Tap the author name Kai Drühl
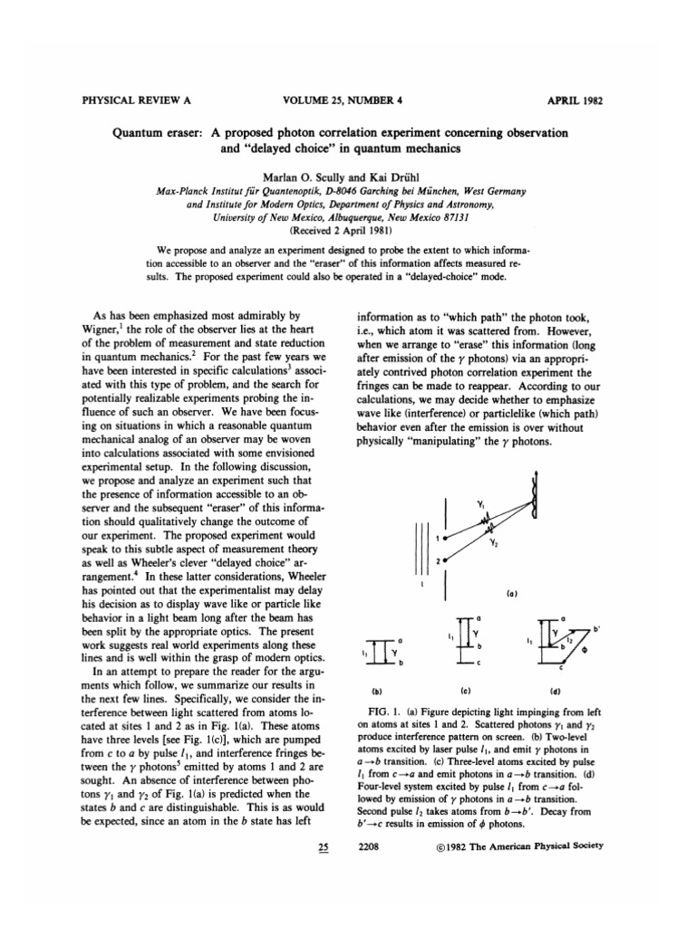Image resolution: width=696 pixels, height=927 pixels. (383, 173)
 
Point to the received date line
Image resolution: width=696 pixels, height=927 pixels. (347, 229)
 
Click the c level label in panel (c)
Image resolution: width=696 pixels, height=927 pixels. (484, 671)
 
